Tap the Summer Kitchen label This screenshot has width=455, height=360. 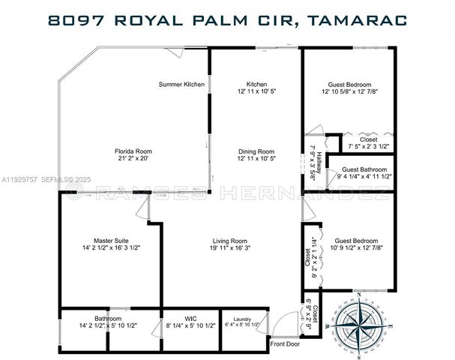181,84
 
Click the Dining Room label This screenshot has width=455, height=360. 256,151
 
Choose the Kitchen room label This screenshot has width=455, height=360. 256,84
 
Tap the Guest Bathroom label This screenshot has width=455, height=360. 364,169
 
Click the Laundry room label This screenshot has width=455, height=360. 242,319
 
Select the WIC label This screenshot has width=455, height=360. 180,319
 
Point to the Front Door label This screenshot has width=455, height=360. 285,344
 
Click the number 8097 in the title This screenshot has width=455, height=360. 73,19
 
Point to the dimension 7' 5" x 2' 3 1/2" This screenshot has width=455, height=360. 368,146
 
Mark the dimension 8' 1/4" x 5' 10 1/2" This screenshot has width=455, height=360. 180,325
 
